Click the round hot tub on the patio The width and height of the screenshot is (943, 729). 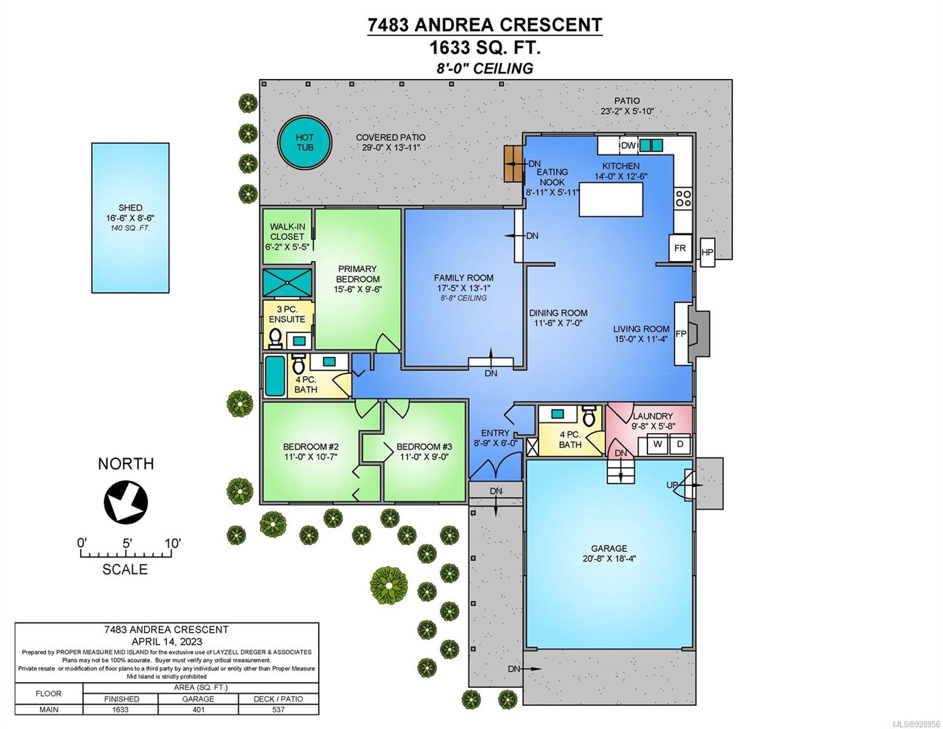pyautogui.click(x=305, y=142)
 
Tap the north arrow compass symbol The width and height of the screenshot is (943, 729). pyautogui.click(x=126, y=502)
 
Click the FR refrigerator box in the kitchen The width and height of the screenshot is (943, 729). pyautogui.click(x=680, y=248)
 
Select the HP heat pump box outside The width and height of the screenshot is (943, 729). pyautogui.click(x=707, y=252)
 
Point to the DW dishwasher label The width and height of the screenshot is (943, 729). pyautogui.click(x=628, y=145)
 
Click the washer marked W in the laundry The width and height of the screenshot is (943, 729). pyautogui.click(x=658, y=443)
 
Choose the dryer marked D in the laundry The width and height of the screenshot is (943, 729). pyautogui.click(x=680, y=443)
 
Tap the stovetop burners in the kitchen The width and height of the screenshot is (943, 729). pyautogui.click(x=683, y=199)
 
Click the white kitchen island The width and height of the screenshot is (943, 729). pyautogui.click(x=611, y=199)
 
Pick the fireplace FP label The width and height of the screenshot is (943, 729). pyautogui.click(x=681, y=334)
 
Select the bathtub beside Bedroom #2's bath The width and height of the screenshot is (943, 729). pyautogui.click(x=274, y=376)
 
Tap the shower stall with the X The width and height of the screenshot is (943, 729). pyautogui.click(x=287, y=282)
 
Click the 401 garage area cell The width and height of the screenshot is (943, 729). pyautogui.click(x=199, y=710)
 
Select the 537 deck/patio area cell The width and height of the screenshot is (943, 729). pyautogui.click(x=279, y=710)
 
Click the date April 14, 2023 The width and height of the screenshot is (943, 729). pyautogui.click(x=166, y=642)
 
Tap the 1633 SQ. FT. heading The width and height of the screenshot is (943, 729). pyautogui.click(x=485, y=47)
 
